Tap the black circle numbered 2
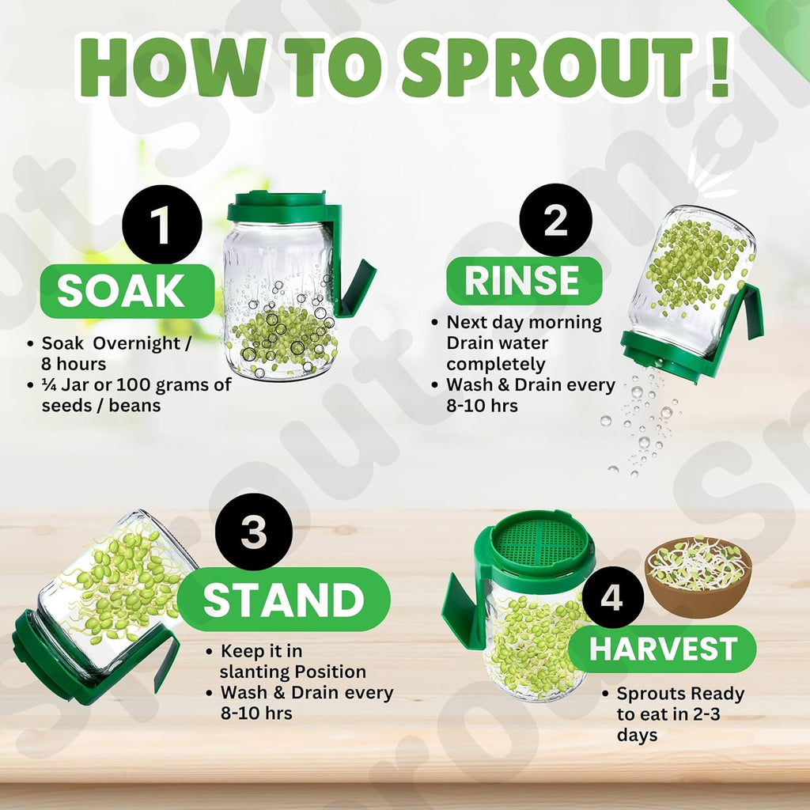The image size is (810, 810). tap(555, 221)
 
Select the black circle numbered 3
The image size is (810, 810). tap(253, 534)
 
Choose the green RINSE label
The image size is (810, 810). tap(523, 280)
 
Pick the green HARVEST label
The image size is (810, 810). tap(663, 649)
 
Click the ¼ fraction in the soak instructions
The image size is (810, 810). tap(48, 385)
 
